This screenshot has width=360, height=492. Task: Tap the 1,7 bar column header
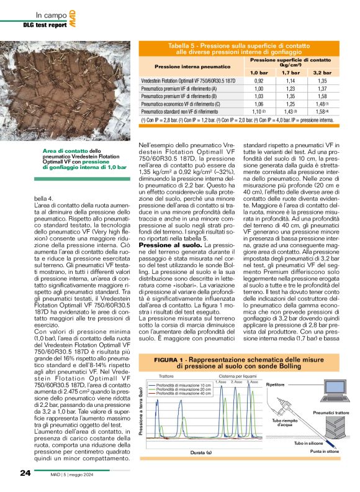click(289, 73)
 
